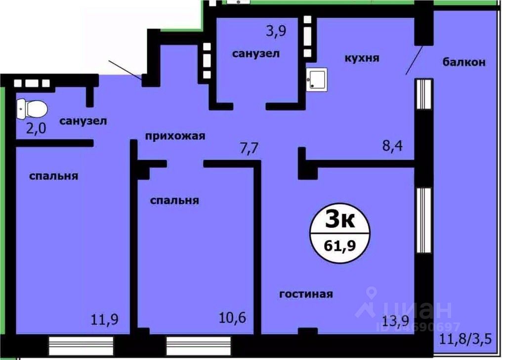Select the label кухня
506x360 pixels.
[x=362, y=58]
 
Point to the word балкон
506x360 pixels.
[x=464, y=62]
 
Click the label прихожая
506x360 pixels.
[x=175, y=136]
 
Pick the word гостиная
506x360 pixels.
[x=306, y=294]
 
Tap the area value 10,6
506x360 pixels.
[x=233, y=316]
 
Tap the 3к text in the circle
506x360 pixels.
[x=339, y=219]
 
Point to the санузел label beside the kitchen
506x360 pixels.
[x=256, y=53]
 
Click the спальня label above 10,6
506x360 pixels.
[x=174, y=200]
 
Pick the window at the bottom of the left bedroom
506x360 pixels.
[x=81, y=344]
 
